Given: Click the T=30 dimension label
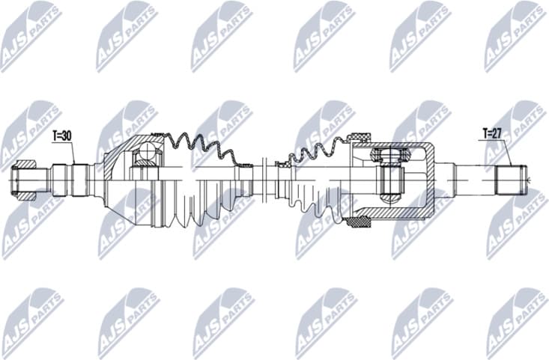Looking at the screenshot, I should pos(64,136).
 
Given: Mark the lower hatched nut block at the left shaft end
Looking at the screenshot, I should pos(27,195).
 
